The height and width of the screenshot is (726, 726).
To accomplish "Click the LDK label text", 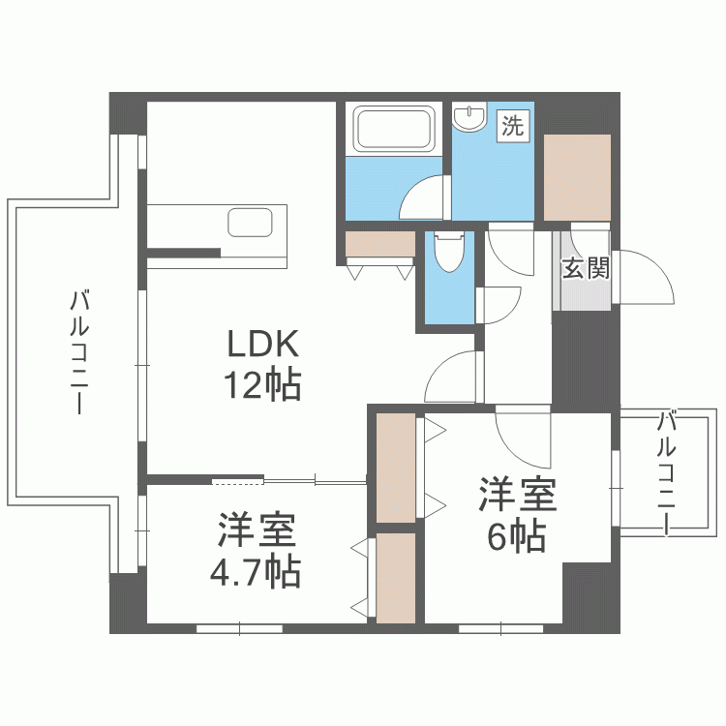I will point(264,343).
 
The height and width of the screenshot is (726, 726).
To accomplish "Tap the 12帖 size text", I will point(263,386).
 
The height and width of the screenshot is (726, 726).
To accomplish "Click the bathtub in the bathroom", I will point(396,129).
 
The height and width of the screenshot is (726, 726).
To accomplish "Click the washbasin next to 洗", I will point(471,117).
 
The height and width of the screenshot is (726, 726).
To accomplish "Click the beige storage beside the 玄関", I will point(577,178).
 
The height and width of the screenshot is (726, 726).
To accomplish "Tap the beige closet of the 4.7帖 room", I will point(395,578).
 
